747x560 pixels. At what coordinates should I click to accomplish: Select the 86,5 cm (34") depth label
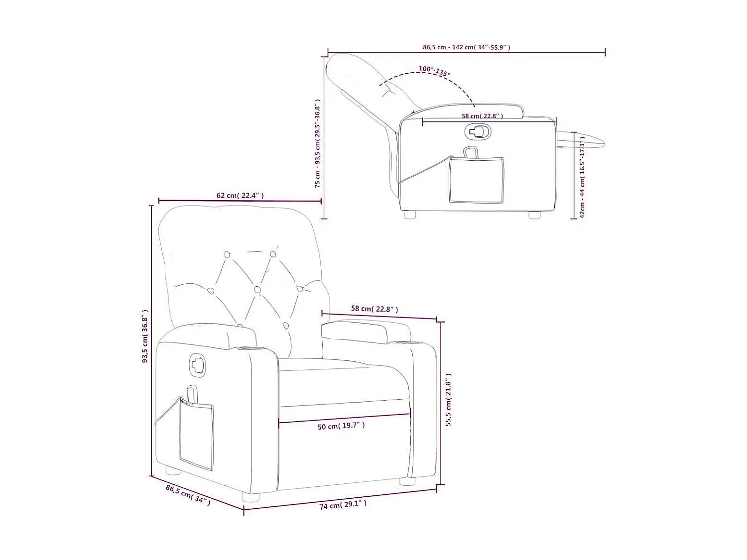tap(188, 495)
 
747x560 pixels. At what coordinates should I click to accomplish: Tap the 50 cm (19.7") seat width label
tap(341, 426)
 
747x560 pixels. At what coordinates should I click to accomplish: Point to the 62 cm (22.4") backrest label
tap(240, 196)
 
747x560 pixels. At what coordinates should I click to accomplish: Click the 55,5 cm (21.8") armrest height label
tap(449, 400)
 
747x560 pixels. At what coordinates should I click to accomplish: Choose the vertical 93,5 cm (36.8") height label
tap(145, 336)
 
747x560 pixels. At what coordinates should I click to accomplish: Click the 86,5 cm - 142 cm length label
tap(466, 47)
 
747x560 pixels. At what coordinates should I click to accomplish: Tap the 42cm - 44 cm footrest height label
tap(582, 177)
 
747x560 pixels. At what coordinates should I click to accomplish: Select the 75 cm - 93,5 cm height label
tap(317, 143)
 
